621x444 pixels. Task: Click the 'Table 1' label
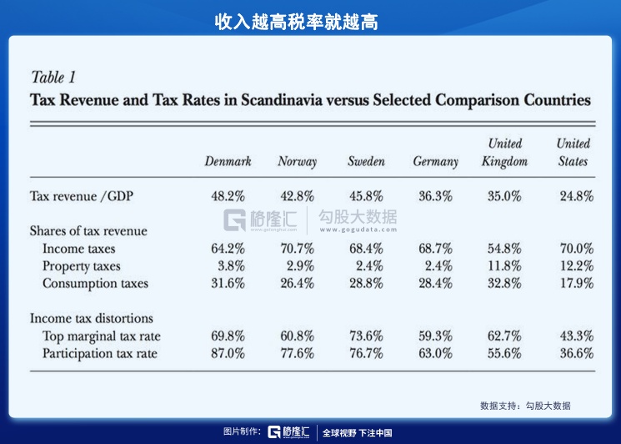tap(53, 78)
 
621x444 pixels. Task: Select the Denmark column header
tap(228, 162)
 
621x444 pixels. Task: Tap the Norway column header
tap(297, 162)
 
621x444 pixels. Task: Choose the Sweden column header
tap(366, 162)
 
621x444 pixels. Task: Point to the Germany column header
tap(435, 162)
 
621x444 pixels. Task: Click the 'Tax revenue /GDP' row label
tap(82, 197)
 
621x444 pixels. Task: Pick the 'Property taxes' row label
tap(82, 266)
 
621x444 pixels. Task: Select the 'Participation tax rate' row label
tap(99, 353)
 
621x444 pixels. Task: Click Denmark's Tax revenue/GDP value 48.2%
tap(228, 197)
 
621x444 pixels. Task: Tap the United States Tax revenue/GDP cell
tap(575, 197)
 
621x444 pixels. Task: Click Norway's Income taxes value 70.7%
tap(297, 249)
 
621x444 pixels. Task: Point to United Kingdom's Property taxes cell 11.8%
tap(504, 266)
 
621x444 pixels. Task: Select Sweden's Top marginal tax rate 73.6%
tap(366, 336)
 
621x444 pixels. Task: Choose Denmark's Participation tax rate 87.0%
tap(228, 353)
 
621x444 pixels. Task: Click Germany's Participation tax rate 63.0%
tap(435, 353)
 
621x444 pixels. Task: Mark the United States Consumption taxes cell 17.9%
tap(575, 283)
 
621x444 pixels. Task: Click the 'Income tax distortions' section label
tap(92, 318)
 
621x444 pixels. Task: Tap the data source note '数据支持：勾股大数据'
tap(525, 406)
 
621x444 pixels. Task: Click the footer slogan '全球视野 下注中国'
tap(357, 432)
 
